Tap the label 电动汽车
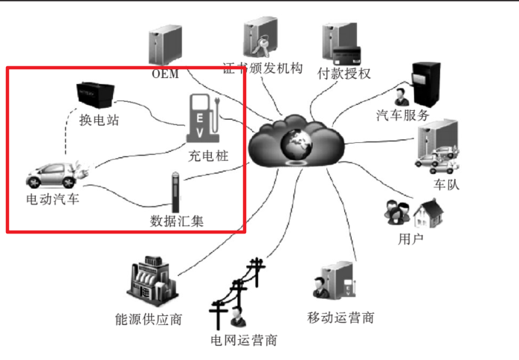tap(52, 199)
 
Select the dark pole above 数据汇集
tap(176, 192)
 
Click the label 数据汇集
tap(177, 221)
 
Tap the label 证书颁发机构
tap(263, 69)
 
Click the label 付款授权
tap(344, 73)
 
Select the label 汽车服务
tap(403, 115)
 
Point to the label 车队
tap(446, 184)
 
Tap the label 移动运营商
tap(341, 318)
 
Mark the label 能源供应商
tap(149, 320)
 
